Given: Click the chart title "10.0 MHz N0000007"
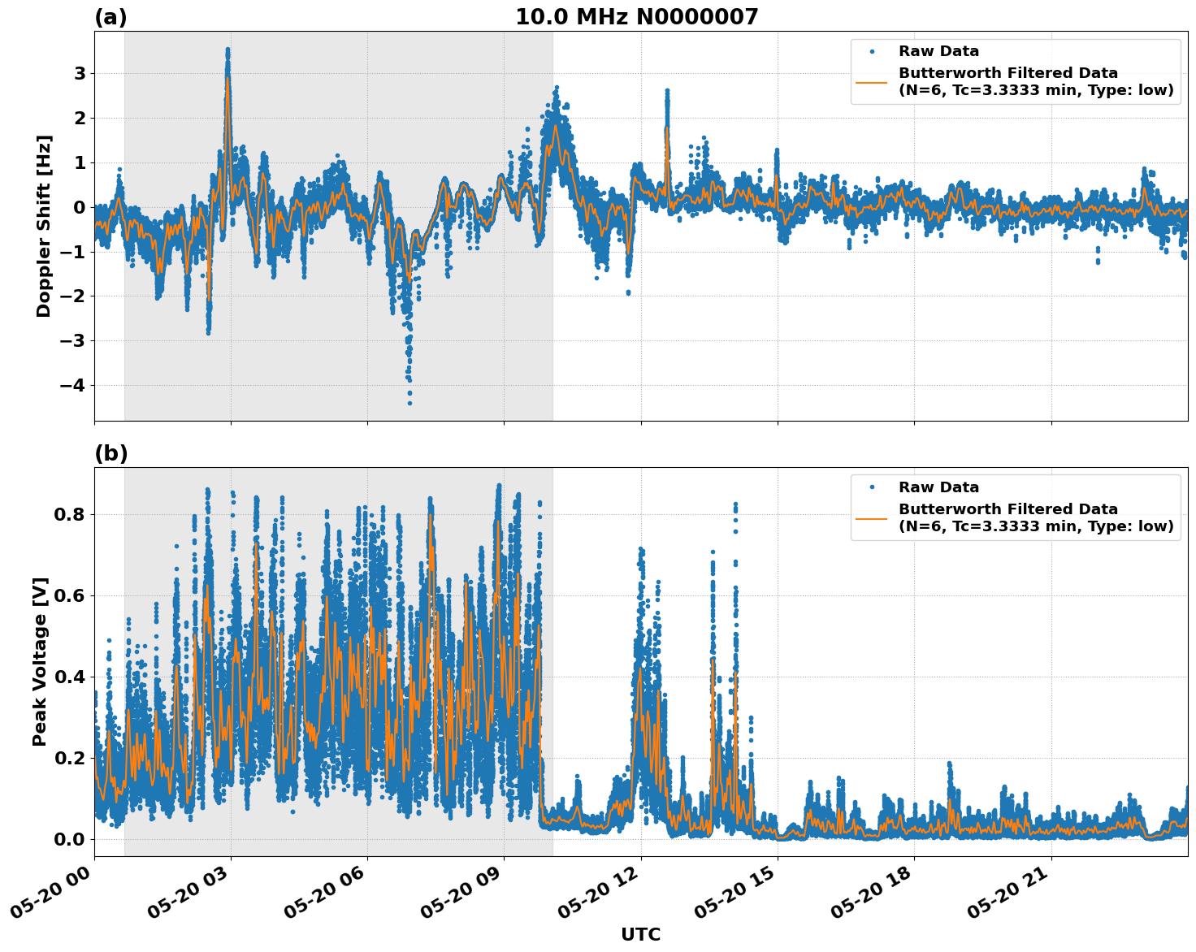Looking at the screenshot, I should tap(636, 17).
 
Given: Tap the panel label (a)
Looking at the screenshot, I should tap(110, 17).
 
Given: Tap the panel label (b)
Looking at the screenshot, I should tap(110, 453).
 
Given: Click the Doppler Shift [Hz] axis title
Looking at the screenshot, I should tap(44, 226).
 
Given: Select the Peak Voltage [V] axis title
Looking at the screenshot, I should tap(40, 661).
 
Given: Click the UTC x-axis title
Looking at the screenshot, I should tap(640, 934).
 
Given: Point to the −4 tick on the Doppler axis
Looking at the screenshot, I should tap(73, 385).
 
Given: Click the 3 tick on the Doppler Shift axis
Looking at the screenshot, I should tap(80, 74).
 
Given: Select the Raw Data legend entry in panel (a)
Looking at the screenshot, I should tap(938, 51).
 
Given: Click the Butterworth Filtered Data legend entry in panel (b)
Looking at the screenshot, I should tap(1035, 517).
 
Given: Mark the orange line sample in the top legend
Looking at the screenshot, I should tap(872, 82).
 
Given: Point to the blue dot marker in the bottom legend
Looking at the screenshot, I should tap(872, 487).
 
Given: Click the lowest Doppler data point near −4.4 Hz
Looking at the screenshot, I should tap(409, 403).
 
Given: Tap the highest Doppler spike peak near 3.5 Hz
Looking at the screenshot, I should tap(227, 50).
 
